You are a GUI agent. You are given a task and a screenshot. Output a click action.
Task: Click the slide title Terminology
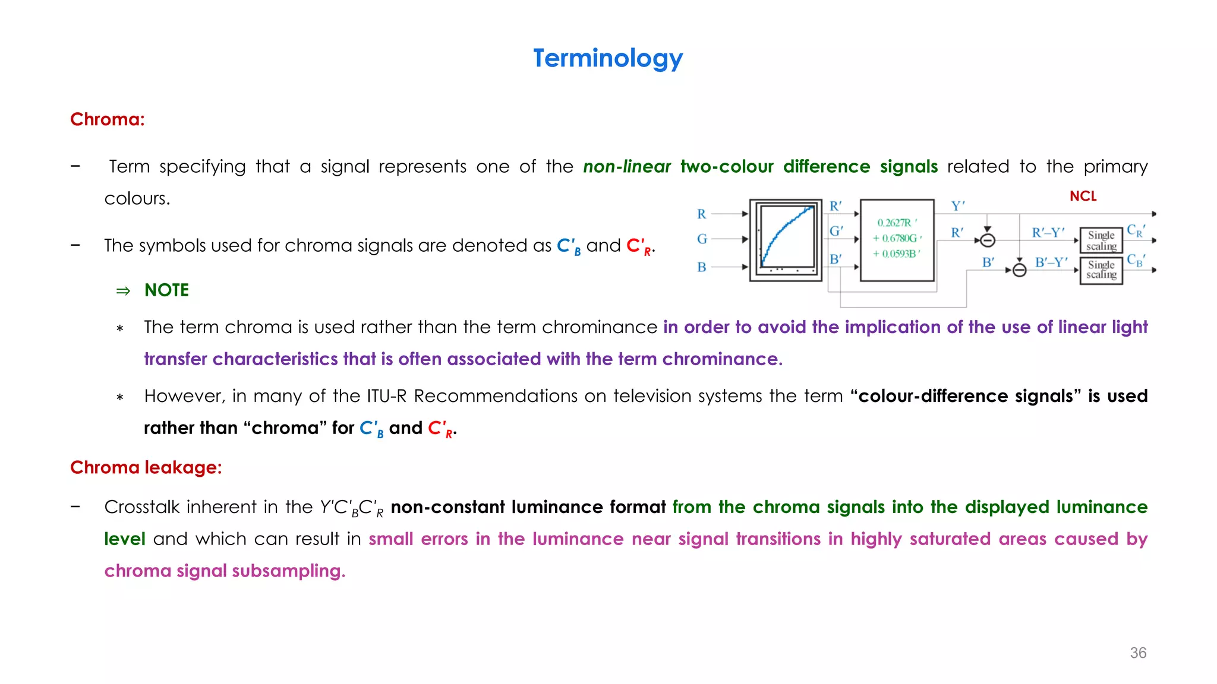608,58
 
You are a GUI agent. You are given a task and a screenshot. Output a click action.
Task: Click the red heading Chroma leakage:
146,467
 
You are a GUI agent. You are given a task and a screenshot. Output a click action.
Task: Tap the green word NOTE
166,290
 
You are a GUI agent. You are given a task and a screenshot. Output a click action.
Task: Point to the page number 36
1138,653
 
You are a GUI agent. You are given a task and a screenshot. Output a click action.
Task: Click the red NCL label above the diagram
1083,196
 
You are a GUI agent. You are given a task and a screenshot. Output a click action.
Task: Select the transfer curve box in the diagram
786,240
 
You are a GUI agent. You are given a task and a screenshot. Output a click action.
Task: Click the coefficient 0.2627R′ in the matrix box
897,223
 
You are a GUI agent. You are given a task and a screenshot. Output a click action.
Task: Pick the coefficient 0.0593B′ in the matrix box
897,254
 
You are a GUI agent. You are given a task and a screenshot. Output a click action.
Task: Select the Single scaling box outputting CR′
1101,240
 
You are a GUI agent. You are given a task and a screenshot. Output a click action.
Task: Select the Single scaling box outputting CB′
1101,270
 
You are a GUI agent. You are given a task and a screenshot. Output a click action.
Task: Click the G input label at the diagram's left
702,239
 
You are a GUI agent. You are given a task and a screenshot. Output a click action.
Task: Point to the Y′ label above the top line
958,206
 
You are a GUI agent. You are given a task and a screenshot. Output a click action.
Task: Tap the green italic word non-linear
627,166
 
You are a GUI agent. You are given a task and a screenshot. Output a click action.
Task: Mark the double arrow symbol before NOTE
123,291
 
